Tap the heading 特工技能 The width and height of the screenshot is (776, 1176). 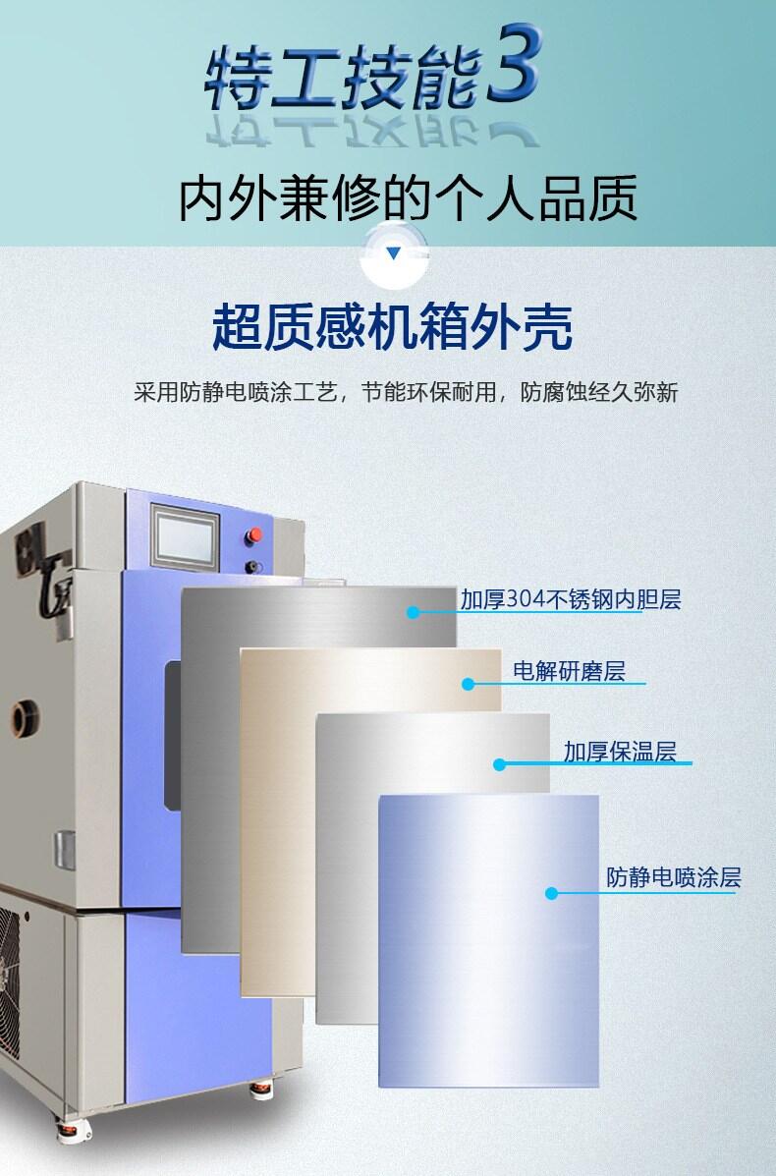coord(344,77)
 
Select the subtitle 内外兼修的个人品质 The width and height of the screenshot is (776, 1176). coord(408,198)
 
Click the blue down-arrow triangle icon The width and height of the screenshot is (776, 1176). coord(394,253)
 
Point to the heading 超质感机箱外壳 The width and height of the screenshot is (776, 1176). coord(392,327)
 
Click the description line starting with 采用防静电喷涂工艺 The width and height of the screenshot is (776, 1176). coord(406,392)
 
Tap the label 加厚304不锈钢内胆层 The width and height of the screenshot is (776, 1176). coord(571,599)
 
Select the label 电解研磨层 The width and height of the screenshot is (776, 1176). coord(569,670)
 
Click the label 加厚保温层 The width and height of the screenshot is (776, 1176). coord(620,751)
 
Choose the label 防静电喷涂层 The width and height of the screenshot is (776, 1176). coord(673,876)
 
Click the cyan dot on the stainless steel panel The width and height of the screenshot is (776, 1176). coord(413,613)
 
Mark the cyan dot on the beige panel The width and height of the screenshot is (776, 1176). coord(468,684)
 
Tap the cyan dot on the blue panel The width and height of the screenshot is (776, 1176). coord(552,893)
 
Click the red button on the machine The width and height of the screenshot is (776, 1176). coord(254,535)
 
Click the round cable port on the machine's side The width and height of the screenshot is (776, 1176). coord(26,718)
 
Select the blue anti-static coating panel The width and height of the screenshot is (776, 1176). coord(488,940)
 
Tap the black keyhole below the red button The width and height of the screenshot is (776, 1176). coord(253,567)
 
